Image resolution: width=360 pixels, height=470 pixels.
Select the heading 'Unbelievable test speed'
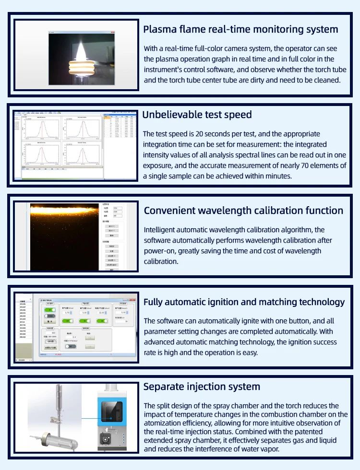(197, 115)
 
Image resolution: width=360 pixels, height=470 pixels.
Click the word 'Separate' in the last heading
(163, 387)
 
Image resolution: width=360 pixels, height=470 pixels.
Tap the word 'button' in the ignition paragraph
(291, 321)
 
